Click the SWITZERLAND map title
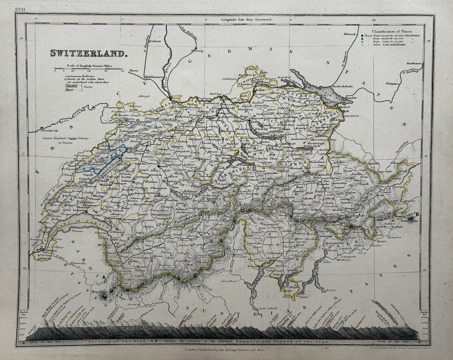pyautogui.click(x=88, y=54)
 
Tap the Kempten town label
pyautogui.click(x=392, y=83)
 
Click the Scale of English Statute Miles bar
pyautogui.click(x=88, y=69)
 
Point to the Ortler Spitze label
pyautogui.click(x=410, y=221)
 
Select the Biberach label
pyautogui.click(x=350, y=34)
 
